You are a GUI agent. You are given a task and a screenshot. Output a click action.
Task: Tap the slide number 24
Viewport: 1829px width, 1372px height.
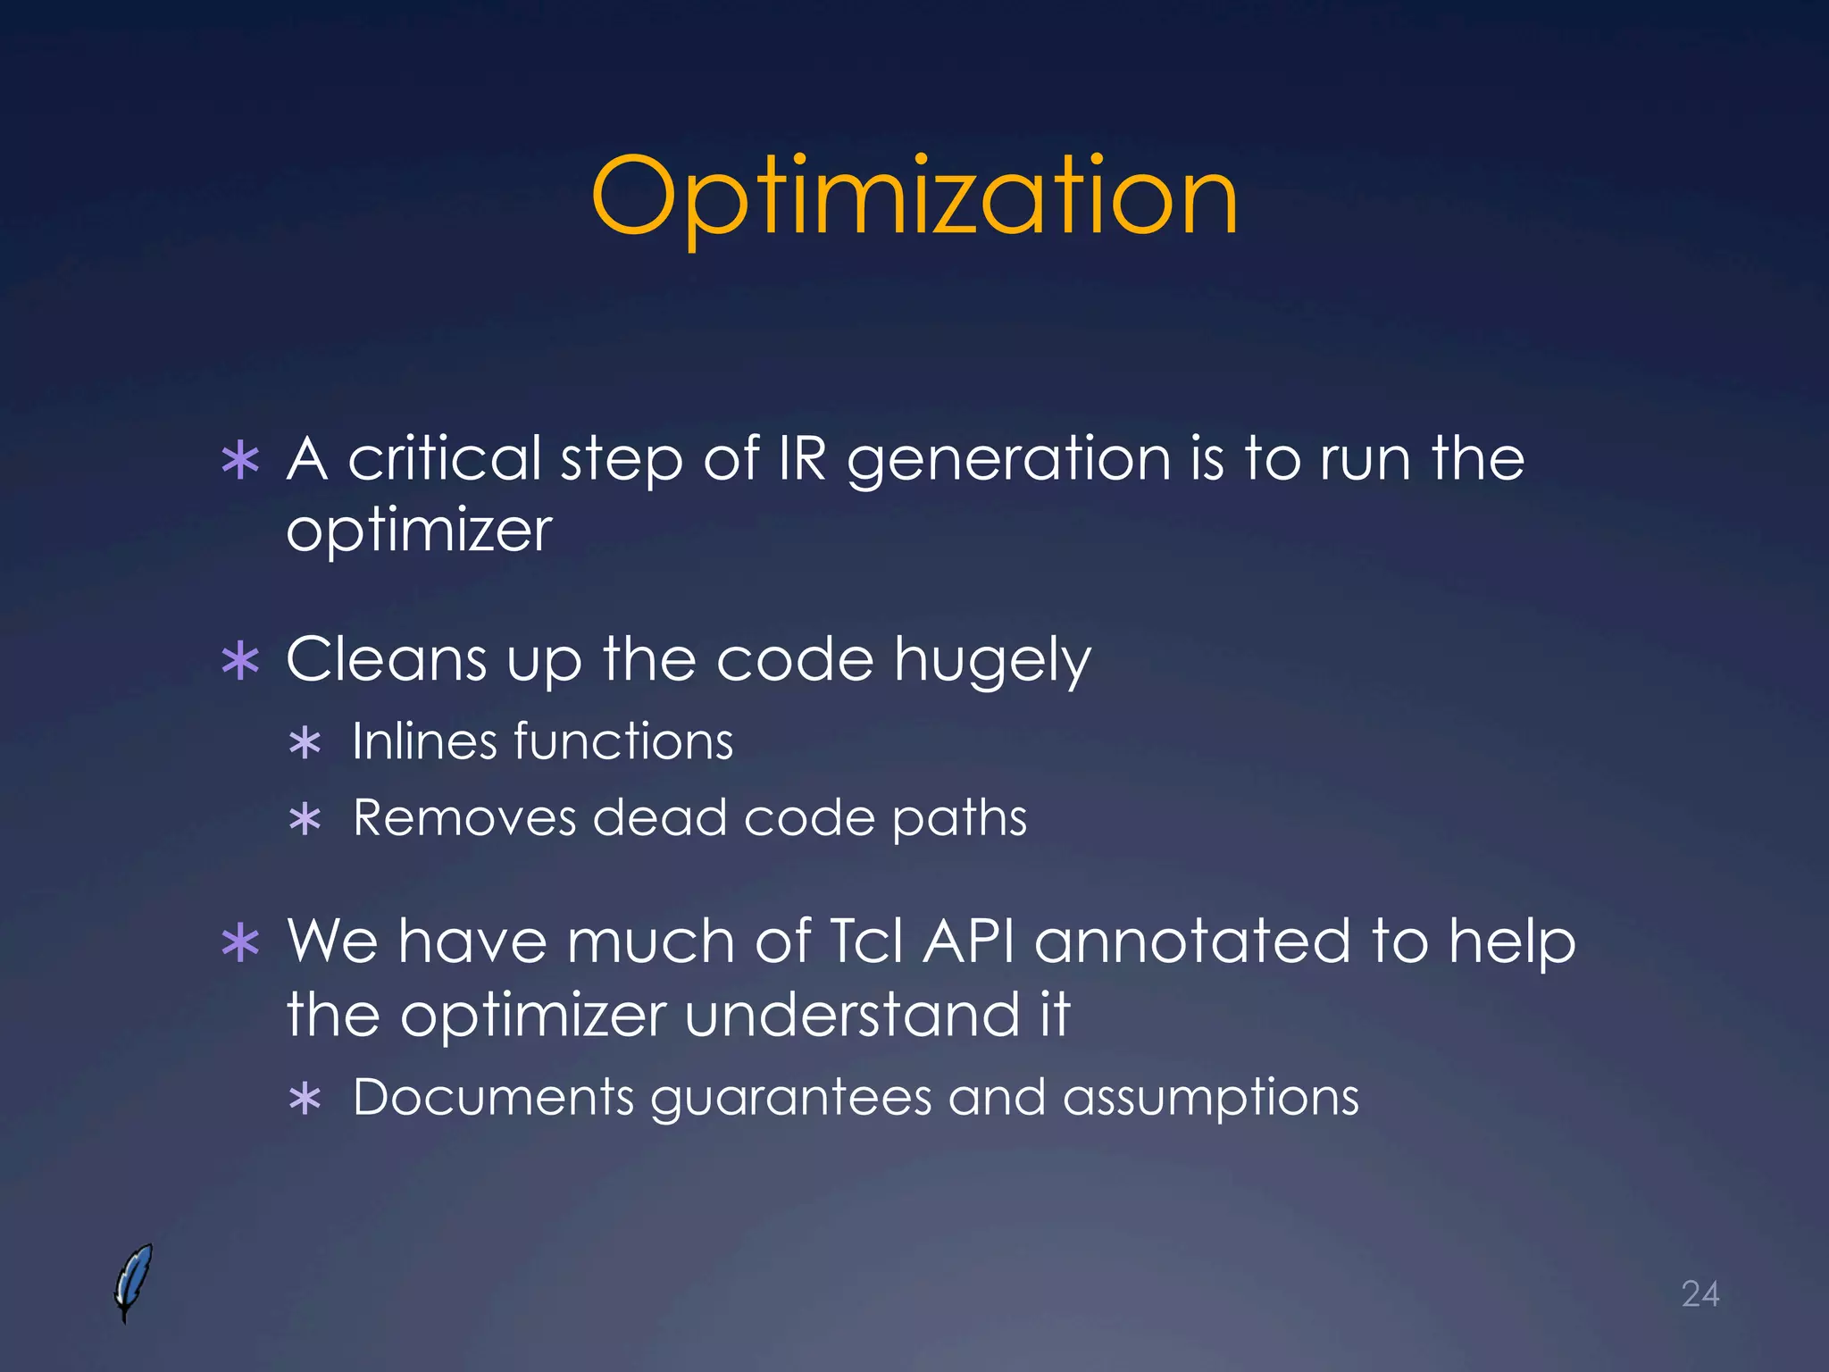click(1700, 1293)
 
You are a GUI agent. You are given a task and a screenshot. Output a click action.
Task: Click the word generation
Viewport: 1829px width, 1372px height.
click(1008, 460)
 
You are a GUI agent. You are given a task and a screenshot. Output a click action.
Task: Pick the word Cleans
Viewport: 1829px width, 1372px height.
click(387, 659)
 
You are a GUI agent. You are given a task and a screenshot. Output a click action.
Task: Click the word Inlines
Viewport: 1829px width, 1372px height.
click(423, 741)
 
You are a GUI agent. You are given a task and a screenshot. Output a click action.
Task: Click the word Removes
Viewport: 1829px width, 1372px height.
click(464, 817)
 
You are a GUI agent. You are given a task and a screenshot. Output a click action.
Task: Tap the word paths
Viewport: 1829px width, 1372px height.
click(959, 819)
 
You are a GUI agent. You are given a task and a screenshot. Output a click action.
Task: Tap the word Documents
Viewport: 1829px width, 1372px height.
click(493, 1097)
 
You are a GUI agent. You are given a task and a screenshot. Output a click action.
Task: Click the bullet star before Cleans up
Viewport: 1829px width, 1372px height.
click(240, 662)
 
